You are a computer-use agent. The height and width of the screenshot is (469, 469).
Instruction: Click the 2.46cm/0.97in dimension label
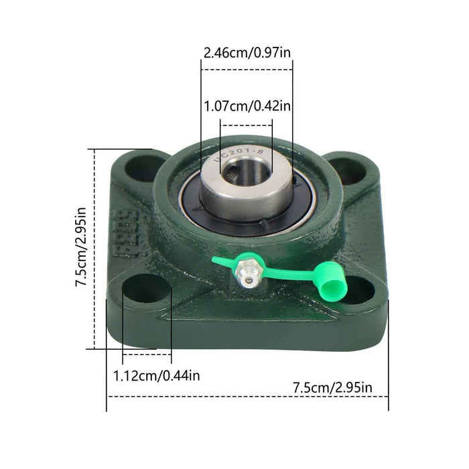pos(247,52)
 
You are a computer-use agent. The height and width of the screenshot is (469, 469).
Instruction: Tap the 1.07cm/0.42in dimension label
pos(247,106)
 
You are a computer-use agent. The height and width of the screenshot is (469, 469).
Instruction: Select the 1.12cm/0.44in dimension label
pos(156,376)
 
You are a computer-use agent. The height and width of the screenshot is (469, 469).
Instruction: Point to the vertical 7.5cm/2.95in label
pos(81,247)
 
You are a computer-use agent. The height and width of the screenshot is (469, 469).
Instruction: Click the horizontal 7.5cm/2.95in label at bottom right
pos(332,387)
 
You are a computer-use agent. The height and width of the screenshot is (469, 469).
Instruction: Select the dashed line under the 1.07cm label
pos(247,124)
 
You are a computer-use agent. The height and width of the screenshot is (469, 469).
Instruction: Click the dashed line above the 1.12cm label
pos(140,353)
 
